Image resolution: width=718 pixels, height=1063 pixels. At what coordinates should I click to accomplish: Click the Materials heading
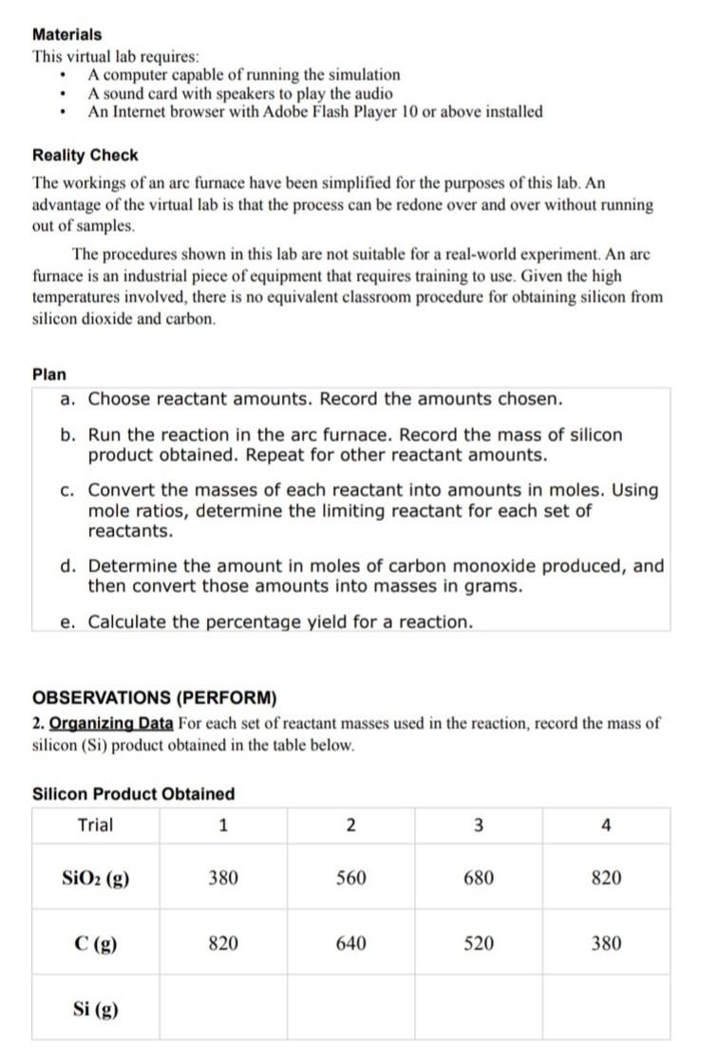[67, 34]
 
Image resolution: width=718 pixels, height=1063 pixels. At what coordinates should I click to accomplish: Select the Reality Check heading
[85, 155]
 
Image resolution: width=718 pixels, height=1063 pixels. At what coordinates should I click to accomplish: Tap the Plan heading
[49, 374]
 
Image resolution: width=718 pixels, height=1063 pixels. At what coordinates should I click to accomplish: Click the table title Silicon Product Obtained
[133, 793]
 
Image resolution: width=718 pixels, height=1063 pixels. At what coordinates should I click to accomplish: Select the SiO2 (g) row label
[95, 878]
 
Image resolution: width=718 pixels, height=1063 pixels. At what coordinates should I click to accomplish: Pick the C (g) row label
[95, 943]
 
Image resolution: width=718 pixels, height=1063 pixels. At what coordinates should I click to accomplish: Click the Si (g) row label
[95, 1008]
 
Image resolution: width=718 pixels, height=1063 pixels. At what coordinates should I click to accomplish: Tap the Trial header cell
[95, 825]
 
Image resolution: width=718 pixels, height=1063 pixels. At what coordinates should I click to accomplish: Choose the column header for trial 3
[478, 826]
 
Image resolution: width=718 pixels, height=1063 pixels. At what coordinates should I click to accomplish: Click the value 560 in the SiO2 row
[350, 878]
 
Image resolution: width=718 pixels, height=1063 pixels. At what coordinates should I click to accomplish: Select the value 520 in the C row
[478, 943]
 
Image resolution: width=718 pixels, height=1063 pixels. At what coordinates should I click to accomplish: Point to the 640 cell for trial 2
[350, 943]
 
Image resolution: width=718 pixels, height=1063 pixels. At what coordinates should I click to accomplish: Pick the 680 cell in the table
[478, 878]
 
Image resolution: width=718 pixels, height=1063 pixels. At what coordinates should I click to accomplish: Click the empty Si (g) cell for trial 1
[223, 1008]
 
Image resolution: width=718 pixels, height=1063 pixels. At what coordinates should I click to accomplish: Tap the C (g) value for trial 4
[606, 943]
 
